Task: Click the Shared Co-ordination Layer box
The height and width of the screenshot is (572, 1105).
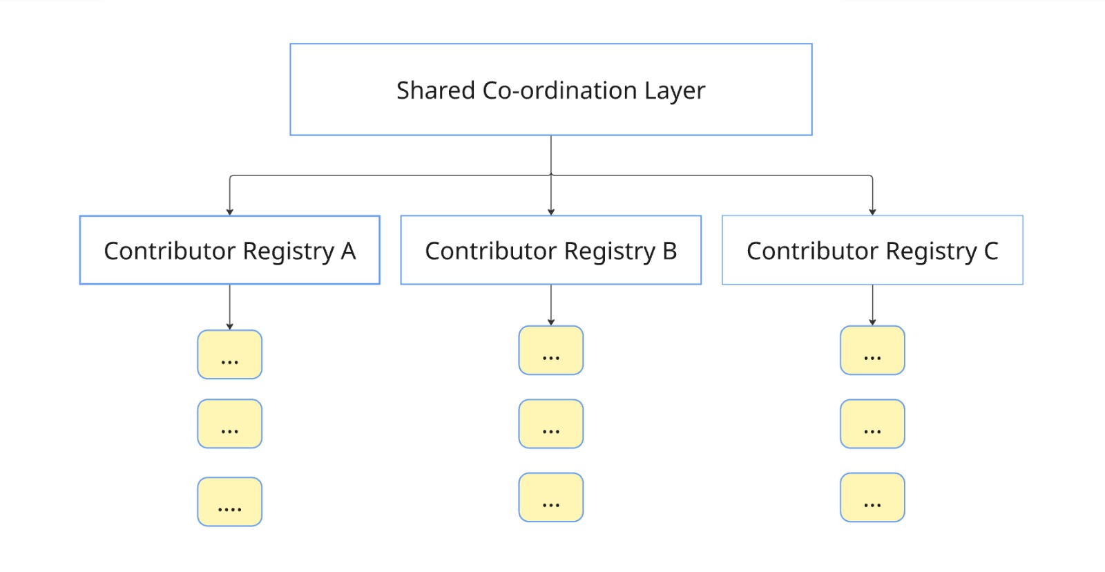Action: (550, 89)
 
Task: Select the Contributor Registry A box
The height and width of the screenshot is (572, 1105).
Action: (229, 250)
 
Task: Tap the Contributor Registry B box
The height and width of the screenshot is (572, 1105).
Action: (550, 250)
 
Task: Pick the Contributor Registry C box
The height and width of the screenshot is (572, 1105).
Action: (872, 250)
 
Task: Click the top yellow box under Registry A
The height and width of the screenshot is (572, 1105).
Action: (229, 354)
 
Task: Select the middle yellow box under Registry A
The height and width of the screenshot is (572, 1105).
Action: (229, 423)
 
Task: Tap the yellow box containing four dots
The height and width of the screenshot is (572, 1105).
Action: (229, 502)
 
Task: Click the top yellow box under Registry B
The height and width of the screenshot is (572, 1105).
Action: (550, 350)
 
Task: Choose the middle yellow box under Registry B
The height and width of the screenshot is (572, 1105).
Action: (550, 423)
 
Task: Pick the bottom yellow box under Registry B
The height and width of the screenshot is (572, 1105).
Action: (550, 497)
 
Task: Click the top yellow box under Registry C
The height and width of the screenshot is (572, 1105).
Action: (872, 350)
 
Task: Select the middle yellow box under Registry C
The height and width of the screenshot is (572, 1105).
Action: (872, 423)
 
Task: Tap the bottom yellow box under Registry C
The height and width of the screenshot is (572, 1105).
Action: (872, 497)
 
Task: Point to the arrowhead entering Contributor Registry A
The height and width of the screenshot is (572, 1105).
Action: (229, 212)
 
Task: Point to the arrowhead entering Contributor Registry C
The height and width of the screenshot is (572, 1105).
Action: (872, 212)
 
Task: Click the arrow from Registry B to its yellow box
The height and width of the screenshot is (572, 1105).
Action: (550, 304)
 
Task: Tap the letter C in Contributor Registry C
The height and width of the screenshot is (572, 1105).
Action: (991, 251)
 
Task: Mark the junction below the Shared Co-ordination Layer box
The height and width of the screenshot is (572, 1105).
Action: (550, 175)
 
